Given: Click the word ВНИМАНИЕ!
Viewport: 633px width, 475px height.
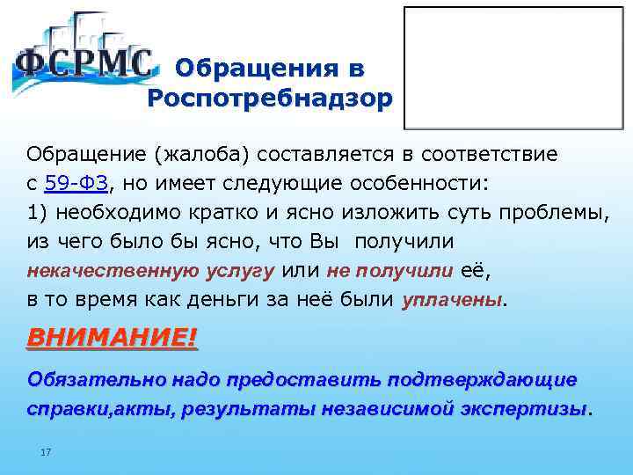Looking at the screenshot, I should [113, 338].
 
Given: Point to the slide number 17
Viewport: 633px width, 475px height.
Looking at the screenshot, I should [47, 452].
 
